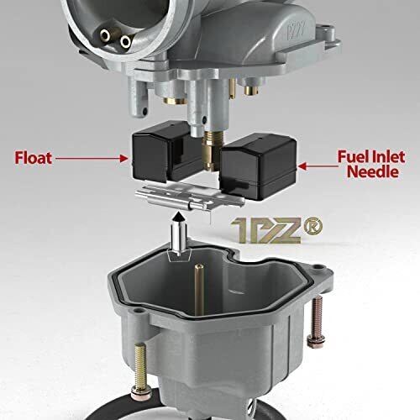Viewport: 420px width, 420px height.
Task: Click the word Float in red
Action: [x=34, y=158]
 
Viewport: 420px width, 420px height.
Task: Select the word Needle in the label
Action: [x=373, y=171]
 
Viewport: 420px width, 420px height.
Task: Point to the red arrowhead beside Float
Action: [x=123, y=158]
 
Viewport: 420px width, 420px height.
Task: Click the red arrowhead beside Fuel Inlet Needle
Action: [x=302, y=166]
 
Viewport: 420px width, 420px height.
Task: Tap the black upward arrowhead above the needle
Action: [x=177, y=217]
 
